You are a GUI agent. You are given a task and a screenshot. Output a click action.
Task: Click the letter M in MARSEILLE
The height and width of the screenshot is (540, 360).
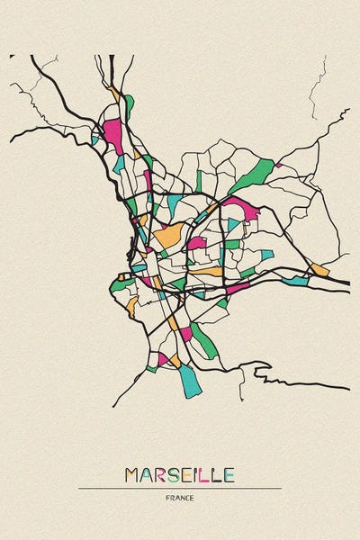132,474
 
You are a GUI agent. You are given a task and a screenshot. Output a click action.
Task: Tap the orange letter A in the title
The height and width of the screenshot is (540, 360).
148,474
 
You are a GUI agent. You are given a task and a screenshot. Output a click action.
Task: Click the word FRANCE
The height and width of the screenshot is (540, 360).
180,498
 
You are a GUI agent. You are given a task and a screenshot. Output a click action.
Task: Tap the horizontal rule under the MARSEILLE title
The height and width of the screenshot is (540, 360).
180,489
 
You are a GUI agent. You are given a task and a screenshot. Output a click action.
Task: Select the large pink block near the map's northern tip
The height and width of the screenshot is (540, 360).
112,135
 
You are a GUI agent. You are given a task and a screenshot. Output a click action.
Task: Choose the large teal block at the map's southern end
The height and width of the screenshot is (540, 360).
189,380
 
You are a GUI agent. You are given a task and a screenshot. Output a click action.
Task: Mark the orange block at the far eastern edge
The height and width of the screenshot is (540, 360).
319,269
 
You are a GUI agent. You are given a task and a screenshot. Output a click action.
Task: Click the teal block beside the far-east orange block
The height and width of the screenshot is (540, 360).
295,281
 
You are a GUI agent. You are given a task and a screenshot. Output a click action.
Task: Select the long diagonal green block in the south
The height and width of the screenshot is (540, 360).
203,341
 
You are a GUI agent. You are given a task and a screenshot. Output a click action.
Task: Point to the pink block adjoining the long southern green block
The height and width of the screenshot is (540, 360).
185,333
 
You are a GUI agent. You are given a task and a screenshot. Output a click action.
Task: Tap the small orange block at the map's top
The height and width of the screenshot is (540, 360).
114,93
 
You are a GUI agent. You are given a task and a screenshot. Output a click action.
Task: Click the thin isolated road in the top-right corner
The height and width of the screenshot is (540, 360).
317,85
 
